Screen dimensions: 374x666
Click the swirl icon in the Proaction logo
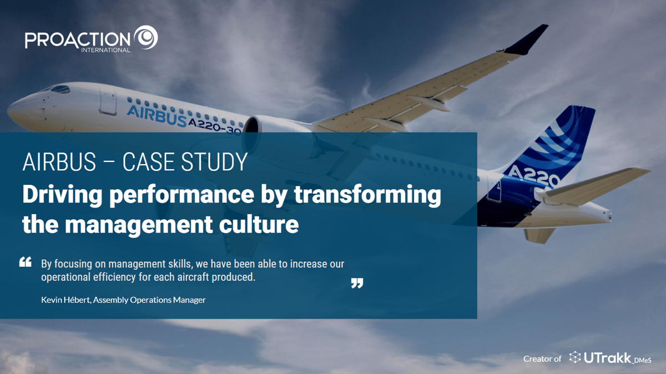point(146,37)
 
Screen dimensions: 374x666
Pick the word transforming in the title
point(369,195)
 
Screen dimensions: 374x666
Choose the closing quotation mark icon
point(357,284)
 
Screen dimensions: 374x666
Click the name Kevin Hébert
point(65,300)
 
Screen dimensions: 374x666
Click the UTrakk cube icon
point(575,358)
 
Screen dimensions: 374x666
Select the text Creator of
point(542,359)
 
